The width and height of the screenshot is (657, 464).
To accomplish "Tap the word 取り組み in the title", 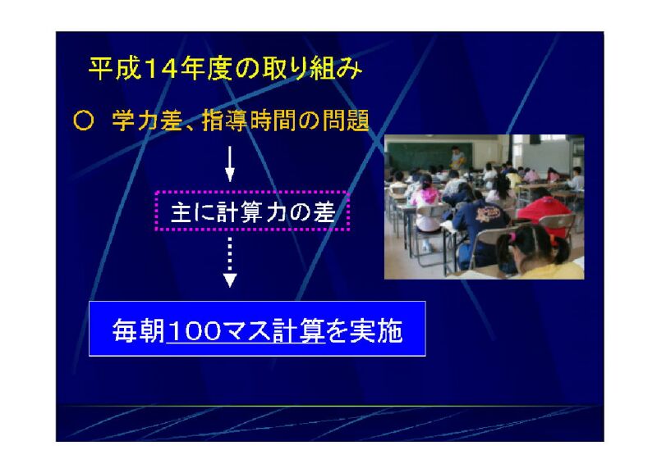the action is (x=311, y=68).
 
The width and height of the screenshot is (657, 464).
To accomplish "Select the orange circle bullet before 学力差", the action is (x=83, y=121).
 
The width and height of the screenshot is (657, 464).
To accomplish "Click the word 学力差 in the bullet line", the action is (x=147, y=121).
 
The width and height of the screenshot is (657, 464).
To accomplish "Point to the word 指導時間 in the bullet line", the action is (x=249, y=121).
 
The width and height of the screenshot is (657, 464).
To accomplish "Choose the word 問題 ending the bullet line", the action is (x=345, y=121).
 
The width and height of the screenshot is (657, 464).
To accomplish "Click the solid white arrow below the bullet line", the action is (x=230, y=164).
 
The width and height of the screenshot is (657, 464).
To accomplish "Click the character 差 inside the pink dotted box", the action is (x=324, y=212).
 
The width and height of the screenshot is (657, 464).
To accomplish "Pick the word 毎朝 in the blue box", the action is (x=138, y=330).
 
